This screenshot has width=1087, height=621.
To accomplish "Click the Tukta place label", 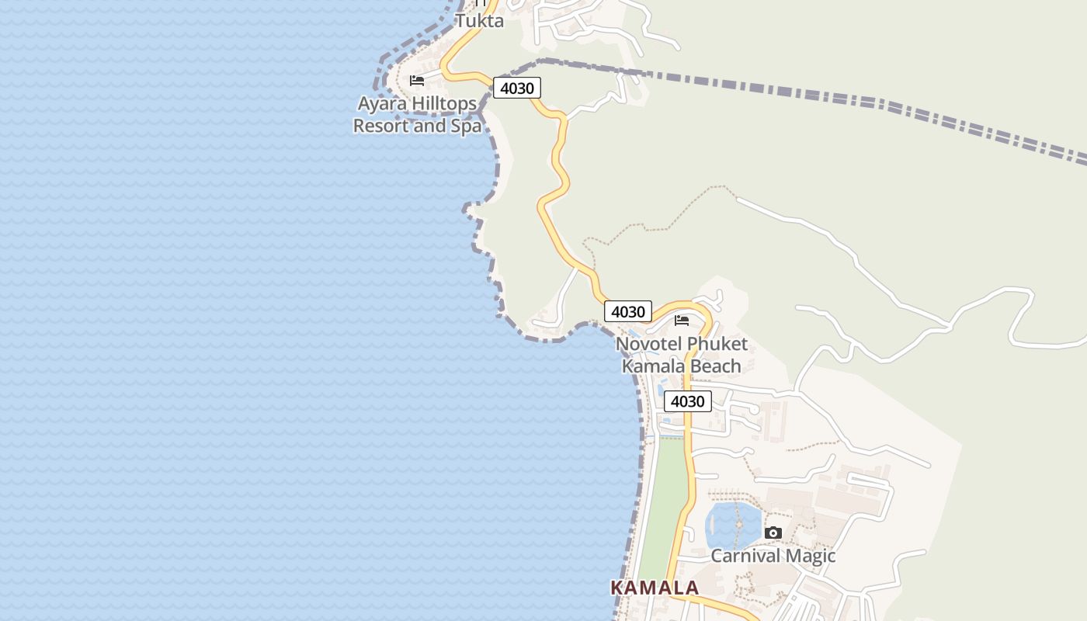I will [x=479, y=21].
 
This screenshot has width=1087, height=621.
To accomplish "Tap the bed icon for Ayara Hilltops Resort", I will [x=417, y=81].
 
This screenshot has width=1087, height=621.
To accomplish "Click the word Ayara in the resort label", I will [x=382, y=104].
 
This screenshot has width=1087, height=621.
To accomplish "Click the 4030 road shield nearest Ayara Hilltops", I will [x=517, y=88].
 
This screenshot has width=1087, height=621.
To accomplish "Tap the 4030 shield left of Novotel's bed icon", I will [x=628, y=312].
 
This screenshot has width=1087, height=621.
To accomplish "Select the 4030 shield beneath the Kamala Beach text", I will [x=687, y=401].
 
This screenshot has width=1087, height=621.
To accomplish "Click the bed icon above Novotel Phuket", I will [x=682, y=321].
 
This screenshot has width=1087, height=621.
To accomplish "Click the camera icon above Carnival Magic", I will [x=773, y=533].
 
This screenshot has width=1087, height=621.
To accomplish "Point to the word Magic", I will [x=810, y=556].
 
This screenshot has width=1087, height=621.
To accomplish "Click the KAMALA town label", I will [x=655, y=588].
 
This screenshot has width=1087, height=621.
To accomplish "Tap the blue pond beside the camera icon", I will [x=731, y=525].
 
